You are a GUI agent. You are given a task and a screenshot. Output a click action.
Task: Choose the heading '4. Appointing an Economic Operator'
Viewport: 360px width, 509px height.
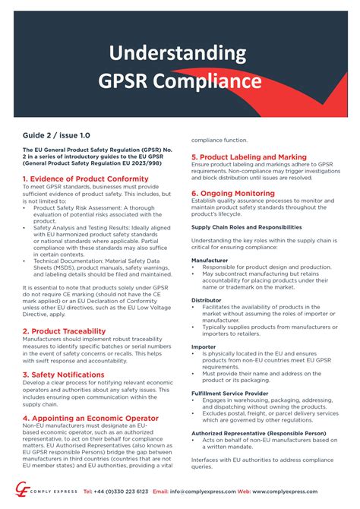pos(90,418)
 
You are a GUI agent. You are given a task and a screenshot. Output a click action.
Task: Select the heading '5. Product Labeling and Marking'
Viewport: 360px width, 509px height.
pos(248,156)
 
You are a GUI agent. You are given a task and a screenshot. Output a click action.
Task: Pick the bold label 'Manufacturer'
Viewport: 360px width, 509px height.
pos(210,260)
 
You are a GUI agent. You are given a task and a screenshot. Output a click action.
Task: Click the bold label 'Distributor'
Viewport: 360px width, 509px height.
pos(207,299)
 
